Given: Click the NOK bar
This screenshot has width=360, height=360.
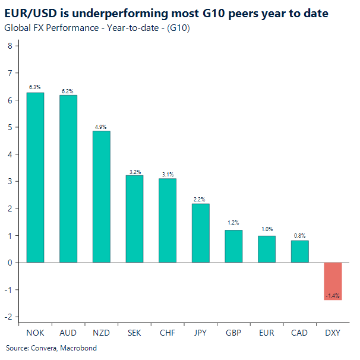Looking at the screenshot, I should pos(36,177).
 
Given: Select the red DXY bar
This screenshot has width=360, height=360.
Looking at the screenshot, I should pos(333,280).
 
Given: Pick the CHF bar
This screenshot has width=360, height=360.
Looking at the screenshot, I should pos(168,220).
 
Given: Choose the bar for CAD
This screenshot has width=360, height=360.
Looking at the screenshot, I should pos(299,251).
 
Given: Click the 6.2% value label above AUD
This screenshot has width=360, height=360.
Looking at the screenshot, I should pos(68,91).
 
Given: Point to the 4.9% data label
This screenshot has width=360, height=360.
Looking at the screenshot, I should pos(101,127).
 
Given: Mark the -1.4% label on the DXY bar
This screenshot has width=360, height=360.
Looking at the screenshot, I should pos(333,295).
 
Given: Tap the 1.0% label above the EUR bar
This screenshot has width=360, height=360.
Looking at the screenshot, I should pos(267,229).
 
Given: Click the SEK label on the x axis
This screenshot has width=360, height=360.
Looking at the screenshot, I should pos(134,333).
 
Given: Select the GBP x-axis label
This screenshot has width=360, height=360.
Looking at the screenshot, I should pos(233,333).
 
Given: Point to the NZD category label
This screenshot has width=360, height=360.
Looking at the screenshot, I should pos(101,333).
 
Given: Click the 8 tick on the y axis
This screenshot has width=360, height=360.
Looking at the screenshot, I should pos(9,46).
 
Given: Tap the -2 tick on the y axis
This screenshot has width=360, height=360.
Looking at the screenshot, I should pos(8,317).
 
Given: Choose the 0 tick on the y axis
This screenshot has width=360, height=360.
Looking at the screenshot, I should pos(9,263).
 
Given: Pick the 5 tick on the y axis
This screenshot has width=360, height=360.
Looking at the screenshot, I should pos(9,127).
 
